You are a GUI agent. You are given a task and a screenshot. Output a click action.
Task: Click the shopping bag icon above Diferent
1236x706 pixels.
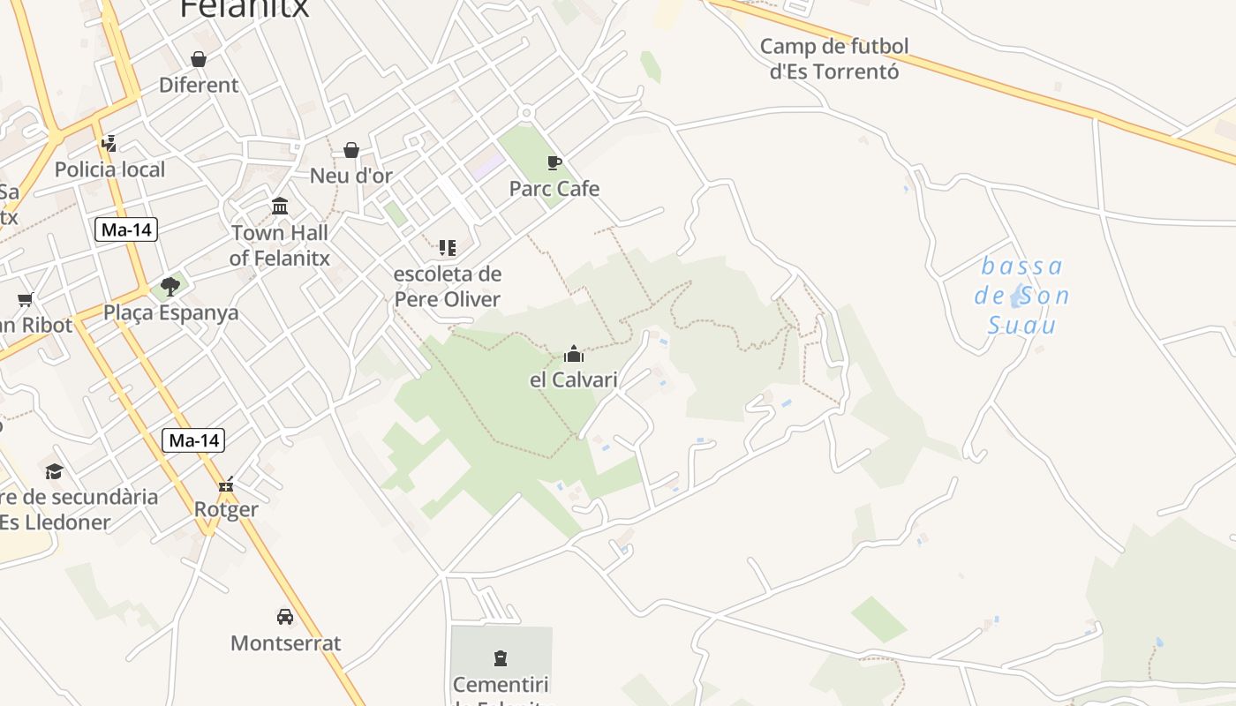pyautogui.click(x=199, y=59)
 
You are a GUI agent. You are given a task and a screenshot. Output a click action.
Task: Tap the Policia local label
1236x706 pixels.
pyautogui.click(x=109, y=169)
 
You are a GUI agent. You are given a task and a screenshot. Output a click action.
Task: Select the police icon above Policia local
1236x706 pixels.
pyautogui.click(x=109, y=143)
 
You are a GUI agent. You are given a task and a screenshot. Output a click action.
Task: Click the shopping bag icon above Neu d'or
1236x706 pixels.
pyautogui.click(x=351, y=150)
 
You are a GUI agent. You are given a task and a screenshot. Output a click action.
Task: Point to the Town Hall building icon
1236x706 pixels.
pyautogui.click(x=280, y=207)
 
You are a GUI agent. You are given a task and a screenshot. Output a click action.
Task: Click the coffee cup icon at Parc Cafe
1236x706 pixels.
pyautogui.click(x=554, y=162)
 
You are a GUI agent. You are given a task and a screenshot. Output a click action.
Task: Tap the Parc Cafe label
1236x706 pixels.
pyautogui.click(x=554, y=189)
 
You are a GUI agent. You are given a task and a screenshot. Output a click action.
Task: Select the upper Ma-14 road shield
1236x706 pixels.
pyautogui.click(x=126, y=230)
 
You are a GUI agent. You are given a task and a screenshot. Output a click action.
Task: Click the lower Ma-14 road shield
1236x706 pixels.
pyautogui.click(x=193, y=440)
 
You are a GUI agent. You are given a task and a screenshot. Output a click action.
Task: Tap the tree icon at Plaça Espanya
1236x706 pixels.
pyautogui.click(x=170, y=287)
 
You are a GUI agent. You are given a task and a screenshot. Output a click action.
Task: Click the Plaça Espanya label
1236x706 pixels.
pyautogui.click(x=170, y=313)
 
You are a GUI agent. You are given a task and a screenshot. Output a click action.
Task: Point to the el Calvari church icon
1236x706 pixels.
pyautogui.click(x=574, y=355)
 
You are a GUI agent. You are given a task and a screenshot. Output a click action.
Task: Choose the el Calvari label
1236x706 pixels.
pyautogui.click(x=573, y=380)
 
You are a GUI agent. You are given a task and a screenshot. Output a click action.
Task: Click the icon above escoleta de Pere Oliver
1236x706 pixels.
pyautogui.click(x=448, y=248)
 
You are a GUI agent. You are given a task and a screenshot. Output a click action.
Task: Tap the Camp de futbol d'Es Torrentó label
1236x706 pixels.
pyautogui.click(x=833, y=58)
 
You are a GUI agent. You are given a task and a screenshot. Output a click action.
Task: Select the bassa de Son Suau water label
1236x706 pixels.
pyautogui.click(x=1021, y=296)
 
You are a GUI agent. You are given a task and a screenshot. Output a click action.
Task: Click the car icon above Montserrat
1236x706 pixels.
pyautogui.click(x=284, y=617)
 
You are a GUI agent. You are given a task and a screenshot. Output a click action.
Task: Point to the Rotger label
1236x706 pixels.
pyautogui.click(x=226, y=509)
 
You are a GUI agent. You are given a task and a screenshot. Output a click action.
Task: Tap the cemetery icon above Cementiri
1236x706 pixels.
pyautogui.click(x=501, y=658)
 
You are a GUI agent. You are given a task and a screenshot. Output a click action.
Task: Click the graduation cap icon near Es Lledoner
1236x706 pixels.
pyautogui.click(x=55, y=471)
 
